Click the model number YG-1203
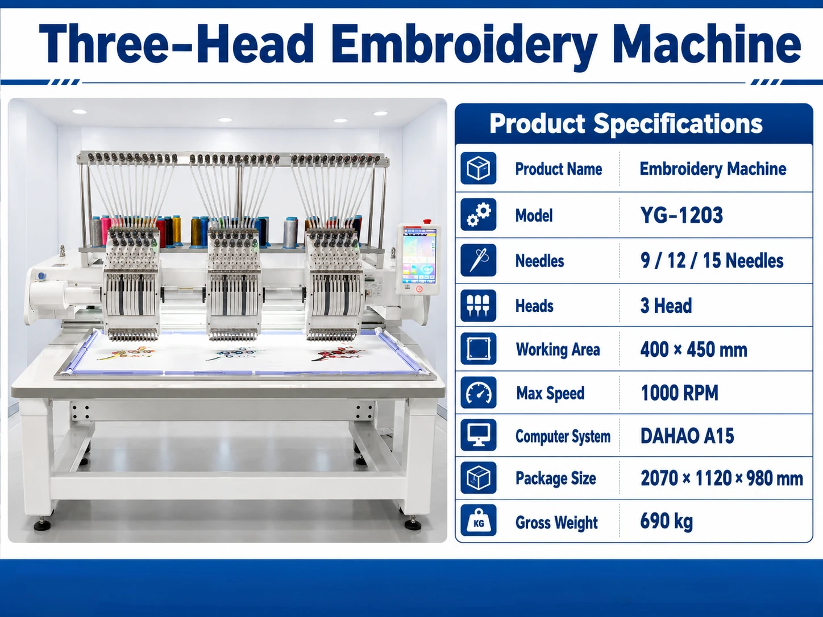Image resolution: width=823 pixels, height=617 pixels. coord(681,215)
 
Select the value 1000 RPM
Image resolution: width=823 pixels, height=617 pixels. coord(679,393)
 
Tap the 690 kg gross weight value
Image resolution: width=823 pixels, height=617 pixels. coord(666,522)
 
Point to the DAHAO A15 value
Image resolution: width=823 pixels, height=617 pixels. coord(687,436)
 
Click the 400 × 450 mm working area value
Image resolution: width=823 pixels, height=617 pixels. coord(693,349)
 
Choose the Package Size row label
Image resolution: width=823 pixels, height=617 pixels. coord(556,478)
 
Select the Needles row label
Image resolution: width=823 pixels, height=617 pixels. coord(539,261)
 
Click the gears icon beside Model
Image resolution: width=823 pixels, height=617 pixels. coord(478,215)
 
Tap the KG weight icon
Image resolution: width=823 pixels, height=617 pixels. coord(478,520)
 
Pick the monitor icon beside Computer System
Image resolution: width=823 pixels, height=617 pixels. coord(478,435)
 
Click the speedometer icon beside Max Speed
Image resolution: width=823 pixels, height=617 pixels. coord(478,392)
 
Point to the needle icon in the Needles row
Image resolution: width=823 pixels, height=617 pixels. coord(478,260)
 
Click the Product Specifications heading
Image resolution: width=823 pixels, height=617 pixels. coord(626,124)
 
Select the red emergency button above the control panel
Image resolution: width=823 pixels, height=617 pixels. coord(427,222)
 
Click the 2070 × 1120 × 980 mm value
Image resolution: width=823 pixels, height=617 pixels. coord(722,478)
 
